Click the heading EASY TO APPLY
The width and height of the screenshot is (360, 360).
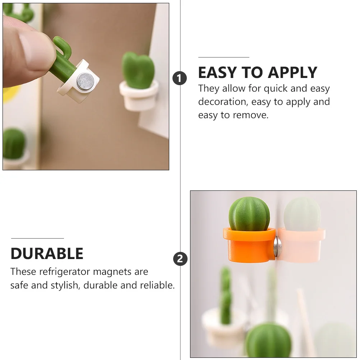[258, 73]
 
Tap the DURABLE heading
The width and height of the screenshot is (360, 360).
[47, 254]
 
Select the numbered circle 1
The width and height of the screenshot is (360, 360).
[180, 78]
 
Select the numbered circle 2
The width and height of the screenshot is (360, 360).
[180, 259]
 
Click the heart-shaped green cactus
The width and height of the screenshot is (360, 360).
[138, 70]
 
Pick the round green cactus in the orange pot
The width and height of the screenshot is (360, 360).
[249, 214]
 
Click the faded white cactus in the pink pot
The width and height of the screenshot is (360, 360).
[302, 214]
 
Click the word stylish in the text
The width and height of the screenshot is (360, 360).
[64, 285]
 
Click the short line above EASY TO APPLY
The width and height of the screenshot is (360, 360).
[223, 57]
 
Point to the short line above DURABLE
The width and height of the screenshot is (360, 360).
[37, 238]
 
